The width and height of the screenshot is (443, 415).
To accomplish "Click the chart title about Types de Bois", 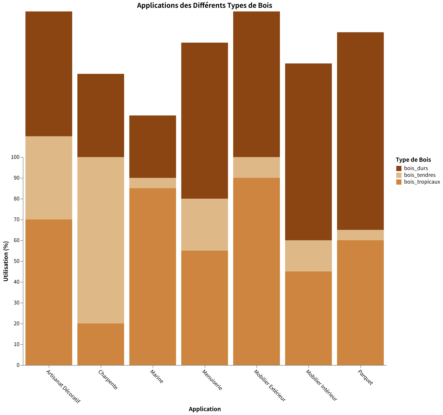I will point(204,5).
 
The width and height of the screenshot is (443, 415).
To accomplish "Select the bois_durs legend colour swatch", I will point(399,168).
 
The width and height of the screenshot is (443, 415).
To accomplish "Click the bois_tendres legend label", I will point(420,175).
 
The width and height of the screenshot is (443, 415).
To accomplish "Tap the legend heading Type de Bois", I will point(413,160).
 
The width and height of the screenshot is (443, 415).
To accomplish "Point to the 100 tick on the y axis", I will point(15,157).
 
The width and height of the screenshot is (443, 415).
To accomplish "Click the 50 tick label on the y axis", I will point(16,261).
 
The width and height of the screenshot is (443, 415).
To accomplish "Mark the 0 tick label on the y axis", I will point(18,365).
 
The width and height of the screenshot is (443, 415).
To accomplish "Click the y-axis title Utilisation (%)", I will point(6,261).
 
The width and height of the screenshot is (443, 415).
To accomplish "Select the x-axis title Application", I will point(205,409).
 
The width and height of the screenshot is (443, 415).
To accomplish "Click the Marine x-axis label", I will point(157,377).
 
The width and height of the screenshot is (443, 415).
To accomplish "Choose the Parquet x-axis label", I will point(365,377).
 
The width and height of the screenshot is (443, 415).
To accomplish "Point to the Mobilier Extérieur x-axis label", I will point(270,385).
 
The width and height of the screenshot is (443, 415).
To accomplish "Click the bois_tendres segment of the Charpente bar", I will point(101,240).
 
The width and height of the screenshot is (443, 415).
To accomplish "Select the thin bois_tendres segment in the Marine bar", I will point(153,183).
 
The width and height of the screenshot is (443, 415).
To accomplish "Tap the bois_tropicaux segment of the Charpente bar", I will point(101,344).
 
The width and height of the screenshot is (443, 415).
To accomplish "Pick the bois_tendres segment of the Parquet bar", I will point(360,235).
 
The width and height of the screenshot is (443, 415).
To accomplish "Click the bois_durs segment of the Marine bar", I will point(153,147).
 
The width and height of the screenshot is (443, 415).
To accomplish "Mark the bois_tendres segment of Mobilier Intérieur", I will point(308,256).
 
